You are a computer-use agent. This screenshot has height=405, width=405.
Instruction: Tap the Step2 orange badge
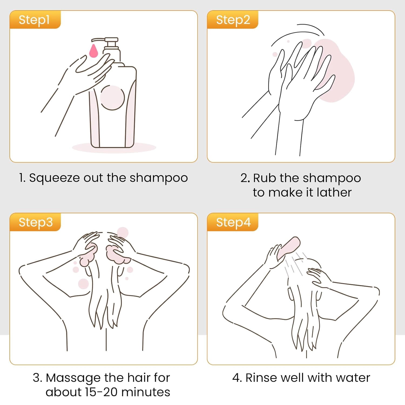tap(233, 19)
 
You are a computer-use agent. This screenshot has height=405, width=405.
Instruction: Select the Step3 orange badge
tap(35, 222)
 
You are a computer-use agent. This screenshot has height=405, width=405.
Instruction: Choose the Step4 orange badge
tap(233, 222)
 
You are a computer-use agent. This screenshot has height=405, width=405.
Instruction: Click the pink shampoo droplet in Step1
tap(93, 51)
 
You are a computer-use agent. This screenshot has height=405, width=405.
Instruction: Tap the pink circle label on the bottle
tap(112, 97)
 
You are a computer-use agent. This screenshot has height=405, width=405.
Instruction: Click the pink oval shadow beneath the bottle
tap(114, 147)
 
